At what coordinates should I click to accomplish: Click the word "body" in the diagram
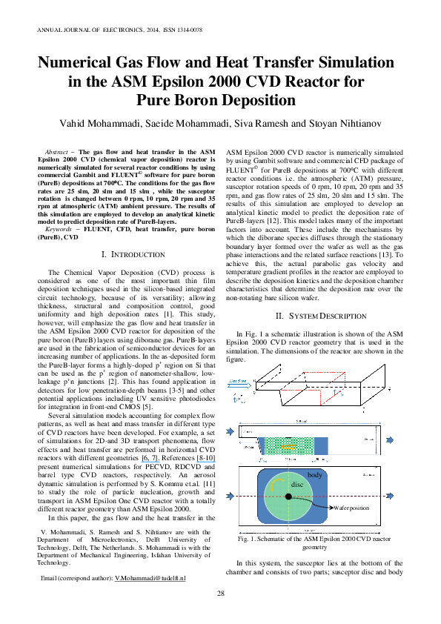[315, 474]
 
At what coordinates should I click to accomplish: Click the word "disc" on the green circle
[296, 485]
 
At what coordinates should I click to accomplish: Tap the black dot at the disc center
[288, 497]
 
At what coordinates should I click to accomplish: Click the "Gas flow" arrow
[240, 385]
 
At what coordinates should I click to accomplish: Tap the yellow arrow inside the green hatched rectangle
[288, 447]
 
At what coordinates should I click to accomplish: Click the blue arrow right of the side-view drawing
[390, 440]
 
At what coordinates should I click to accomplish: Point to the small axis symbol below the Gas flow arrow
[237, 400]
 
